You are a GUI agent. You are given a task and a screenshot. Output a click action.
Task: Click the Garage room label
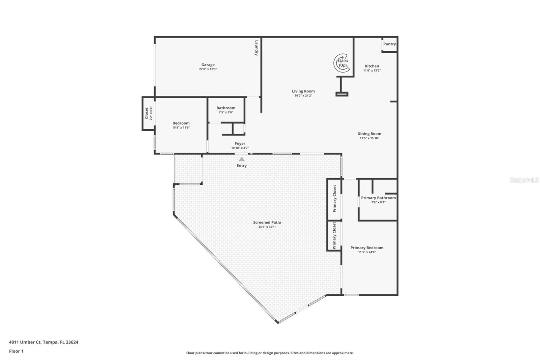[208, 65]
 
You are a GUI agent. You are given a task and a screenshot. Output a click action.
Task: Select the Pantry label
[389, 44]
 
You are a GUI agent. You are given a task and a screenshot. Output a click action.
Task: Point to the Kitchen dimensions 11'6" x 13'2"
[372, 71]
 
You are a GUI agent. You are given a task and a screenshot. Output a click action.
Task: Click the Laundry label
[256, 48]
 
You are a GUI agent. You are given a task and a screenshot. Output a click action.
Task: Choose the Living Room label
[303, 91]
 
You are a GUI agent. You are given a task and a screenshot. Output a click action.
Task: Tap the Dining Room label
[369, 134]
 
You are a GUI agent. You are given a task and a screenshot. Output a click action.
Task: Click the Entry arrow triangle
[242, 159]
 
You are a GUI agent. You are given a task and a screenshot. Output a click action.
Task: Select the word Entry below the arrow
[242, 165]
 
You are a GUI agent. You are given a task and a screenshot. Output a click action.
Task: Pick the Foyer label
[240, 144]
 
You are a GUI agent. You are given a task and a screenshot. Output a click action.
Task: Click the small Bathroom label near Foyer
[226, 108]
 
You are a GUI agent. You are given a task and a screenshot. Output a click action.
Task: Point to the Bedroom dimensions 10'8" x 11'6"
[181, 128]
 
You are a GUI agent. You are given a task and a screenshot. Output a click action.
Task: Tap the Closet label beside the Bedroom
[146, 113]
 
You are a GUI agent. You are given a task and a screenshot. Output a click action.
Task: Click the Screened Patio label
[267, 223]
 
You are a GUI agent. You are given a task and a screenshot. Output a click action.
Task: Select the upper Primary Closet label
[334, 199]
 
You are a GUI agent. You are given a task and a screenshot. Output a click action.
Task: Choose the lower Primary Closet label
[334, 235]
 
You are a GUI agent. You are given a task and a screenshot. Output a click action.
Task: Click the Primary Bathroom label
[378, 198]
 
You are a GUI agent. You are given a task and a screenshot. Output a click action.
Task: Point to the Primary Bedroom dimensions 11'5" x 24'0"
[367, 252]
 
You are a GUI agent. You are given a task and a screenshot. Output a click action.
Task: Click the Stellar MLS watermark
[524, 180]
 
